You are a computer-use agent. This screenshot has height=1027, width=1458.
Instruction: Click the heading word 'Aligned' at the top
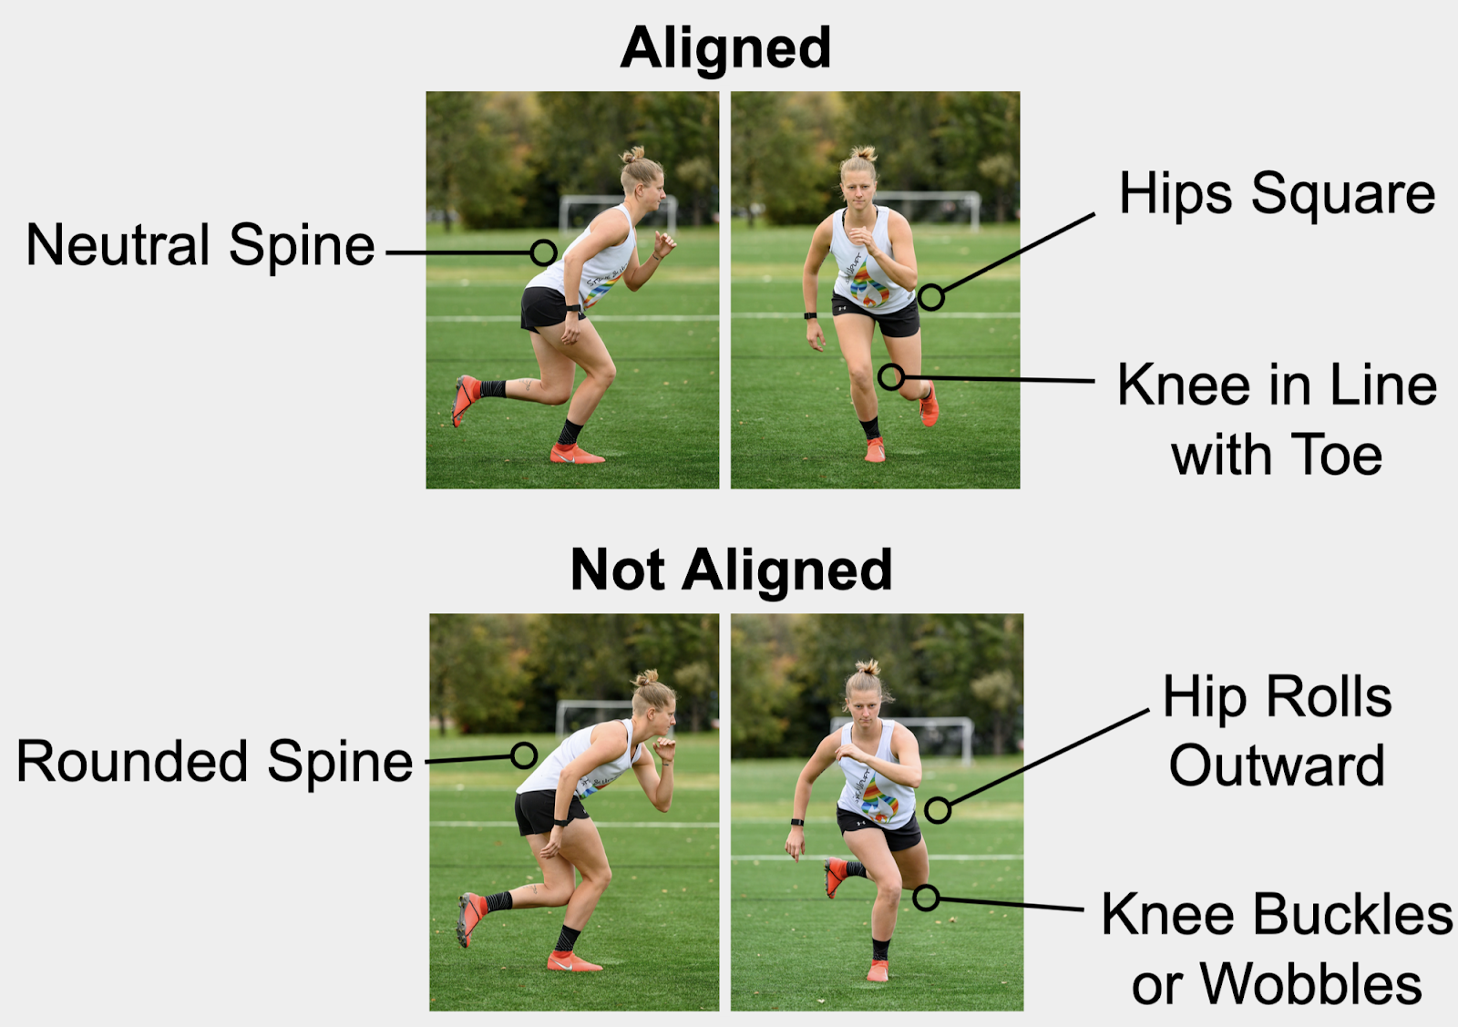725,47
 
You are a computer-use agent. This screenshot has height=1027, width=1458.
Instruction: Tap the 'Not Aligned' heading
731,570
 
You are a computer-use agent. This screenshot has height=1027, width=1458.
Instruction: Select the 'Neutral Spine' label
200,245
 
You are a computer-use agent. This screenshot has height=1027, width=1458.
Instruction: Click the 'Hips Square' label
1277,194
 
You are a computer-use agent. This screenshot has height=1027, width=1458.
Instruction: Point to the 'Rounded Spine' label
215,762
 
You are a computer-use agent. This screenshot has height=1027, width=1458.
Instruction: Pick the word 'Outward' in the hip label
1277,765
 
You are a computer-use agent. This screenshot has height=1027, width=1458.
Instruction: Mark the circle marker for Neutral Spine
544,252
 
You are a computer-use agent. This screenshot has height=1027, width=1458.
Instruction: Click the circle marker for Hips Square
930,297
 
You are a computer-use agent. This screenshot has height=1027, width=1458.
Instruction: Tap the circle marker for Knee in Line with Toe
891,376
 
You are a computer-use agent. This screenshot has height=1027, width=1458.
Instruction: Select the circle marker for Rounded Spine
524,755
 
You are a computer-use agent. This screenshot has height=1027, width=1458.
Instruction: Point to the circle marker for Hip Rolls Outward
938,809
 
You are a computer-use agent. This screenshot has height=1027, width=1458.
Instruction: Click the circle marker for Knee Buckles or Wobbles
927,898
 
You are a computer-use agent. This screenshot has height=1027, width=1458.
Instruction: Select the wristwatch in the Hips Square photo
809,316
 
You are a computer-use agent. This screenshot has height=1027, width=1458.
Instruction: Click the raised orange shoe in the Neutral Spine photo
466,398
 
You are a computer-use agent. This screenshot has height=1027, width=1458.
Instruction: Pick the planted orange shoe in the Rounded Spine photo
572,960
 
